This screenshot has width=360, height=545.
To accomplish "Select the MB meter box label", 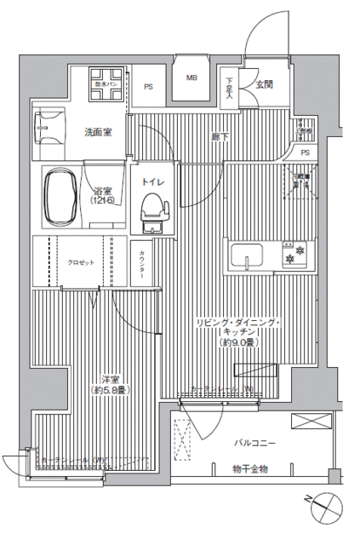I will (x=192, y=77).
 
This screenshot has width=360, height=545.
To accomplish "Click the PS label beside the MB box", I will (x=148, y=86).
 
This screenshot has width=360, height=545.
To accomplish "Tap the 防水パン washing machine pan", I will (x=108, y=77).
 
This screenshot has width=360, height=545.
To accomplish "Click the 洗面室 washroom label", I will (x=98, y=132).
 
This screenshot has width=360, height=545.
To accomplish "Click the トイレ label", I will (x=152, y=181).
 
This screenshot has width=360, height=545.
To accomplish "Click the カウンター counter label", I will (x=141, y=263).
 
